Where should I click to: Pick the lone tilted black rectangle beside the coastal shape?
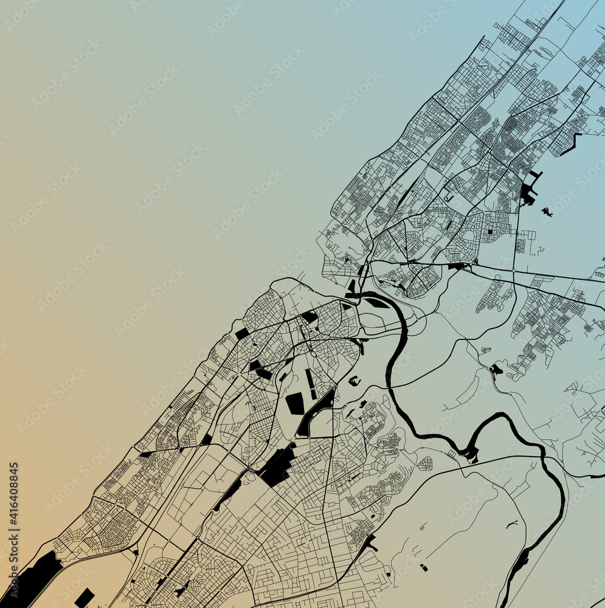(85, 597)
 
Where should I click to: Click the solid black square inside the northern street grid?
(490, 231)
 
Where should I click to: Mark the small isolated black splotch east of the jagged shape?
(547, 212)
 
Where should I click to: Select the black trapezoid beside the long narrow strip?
(296, 403)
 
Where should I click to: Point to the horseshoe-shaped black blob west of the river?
(354, 381)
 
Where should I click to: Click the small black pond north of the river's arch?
(496, 369)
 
